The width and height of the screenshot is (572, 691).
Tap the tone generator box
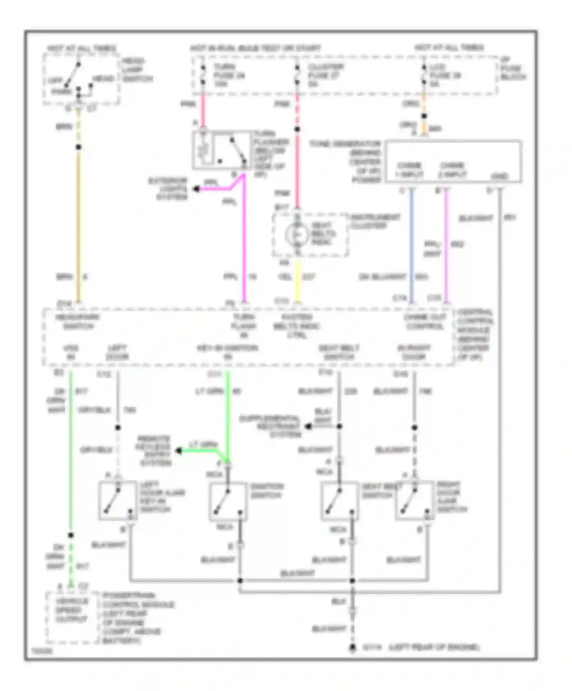[x=453, y=162]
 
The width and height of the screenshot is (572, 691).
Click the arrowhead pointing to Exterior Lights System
[x=196, y=189]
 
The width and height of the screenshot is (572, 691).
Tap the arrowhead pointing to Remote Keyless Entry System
[x=178, y=451]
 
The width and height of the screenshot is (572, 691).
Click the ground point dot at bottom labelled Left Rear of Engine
[x=353, y=648]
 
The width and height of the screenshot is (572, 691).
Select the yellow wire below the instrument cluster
[x=297, y=282]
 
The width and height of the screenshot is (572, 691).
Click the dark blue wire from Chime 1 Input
[x=411, y=244]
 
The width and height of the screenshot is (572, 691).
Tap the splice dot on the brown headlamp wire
[x=79, y=147]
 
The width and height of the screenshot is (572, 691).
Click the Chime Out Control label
[x=424, y=322]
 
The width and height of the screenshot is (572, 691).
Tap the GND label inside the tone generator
[x=500, y=176]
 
